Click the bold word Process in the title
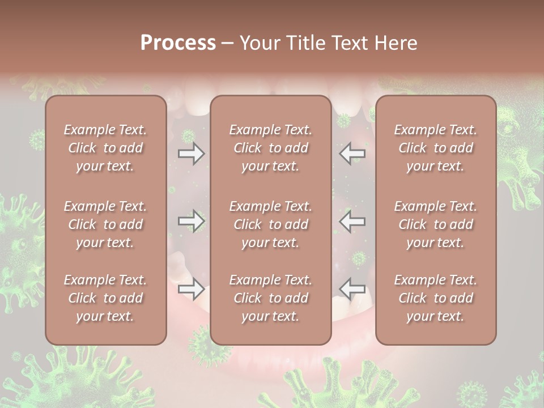coord(178,43)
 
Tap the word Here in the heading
coord(394,43)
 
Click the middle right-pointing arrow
coord(192,221)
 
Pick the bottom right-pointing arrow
coord(192,290)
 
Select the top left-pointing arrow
coord(352,153)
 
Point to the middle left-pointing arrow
coord(352,221)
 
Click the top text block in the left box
coord(105,148)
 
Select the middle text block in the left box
coord(105,224)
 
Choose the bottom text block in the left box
coord(105,298)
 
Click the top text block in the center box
coord(270,148)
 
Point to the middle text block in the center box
coord(270,224)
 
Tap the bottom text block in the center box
coord(270,298)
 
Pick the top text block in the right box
coord(435,148)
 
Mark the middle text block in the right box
coord(435,224)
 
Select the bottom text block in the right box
coord(435,298)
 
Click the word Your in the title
coord(260,43)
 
